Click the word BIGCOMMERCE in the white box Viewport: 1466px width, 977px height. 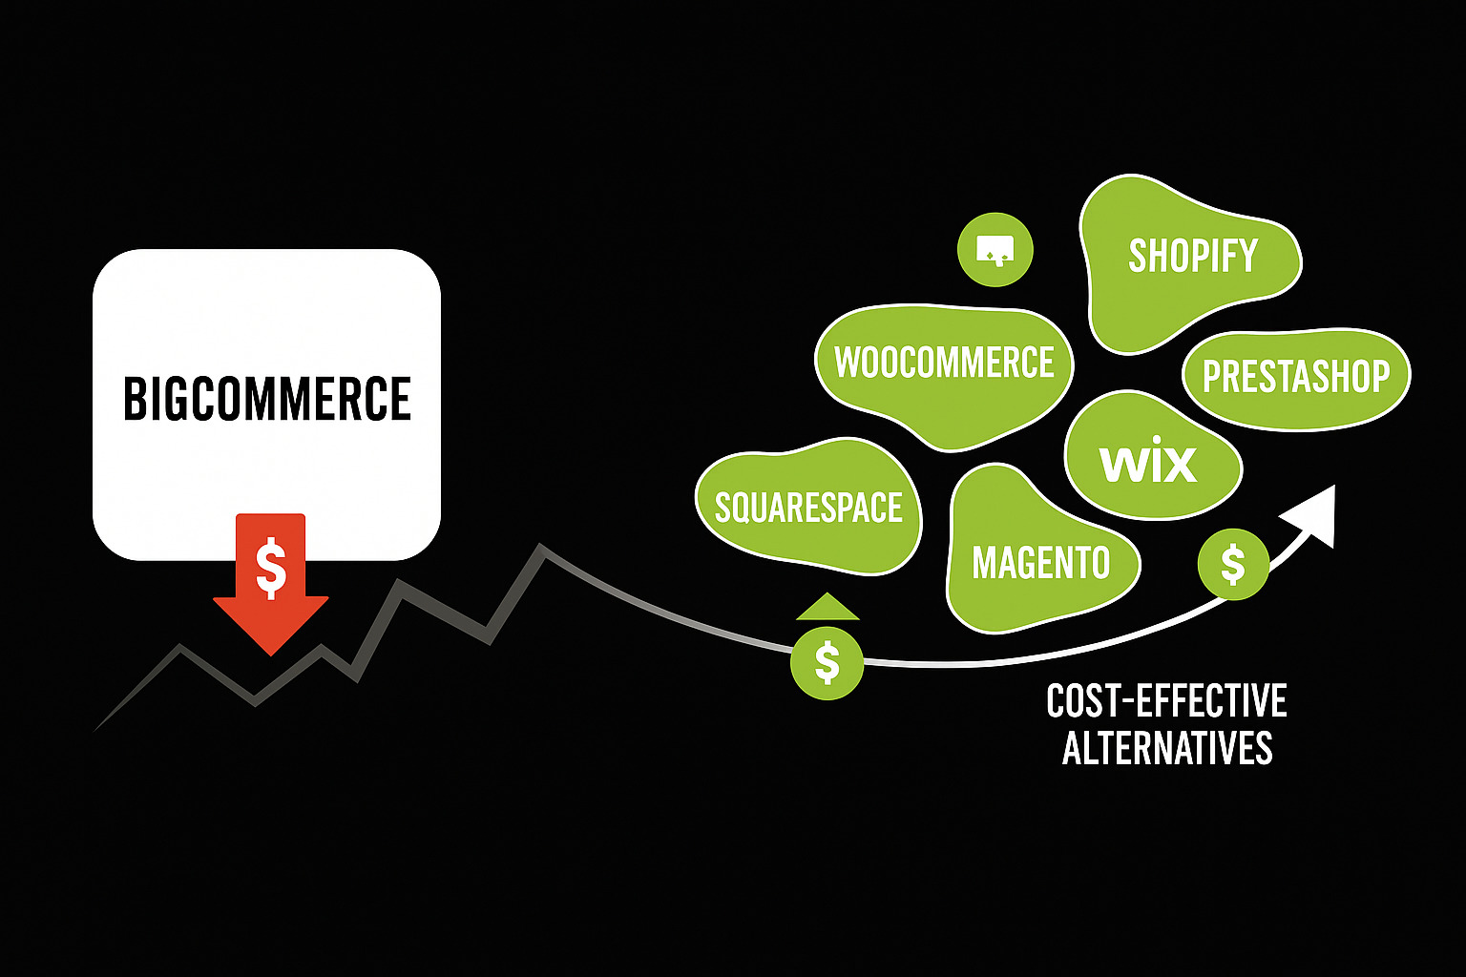pos(267,399)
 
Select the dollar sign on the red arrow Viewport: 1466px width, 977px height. pos(271,567)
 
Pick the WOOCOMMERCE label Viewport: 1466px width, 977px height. pos(944,364)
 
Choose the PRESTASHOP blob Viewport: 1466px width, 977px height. pos(1295,377)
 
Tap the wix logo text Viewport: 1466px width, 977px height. pos(1148,463)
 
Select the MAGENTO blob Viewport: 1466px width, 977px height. pos(1040,562)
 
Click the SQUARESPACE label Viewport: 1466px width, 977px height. pos(808,507)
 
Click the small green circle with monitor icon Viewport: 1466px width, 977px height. pos(995,249)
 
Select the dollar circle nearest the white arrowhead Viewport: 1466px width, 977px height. pos(1232,565)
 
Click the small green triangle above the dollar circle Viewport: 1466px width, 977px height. pos(827,608)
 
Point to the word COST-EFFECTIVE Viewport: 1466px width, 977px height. pos(1166,702)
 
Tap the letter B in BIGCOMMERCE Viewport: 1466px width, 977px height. pos(133,399)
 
